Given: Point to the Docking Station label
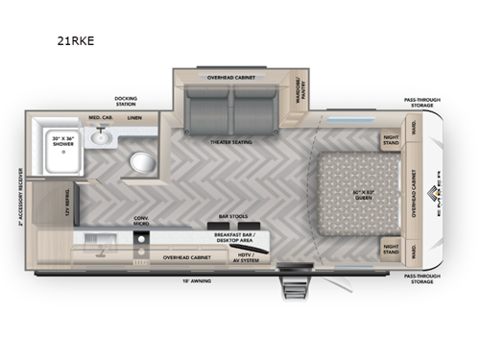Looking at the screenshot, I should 126,101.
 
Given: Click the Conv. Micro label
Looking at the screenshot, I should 142,220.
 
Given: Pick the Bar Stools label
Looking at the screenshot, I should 233,216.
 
